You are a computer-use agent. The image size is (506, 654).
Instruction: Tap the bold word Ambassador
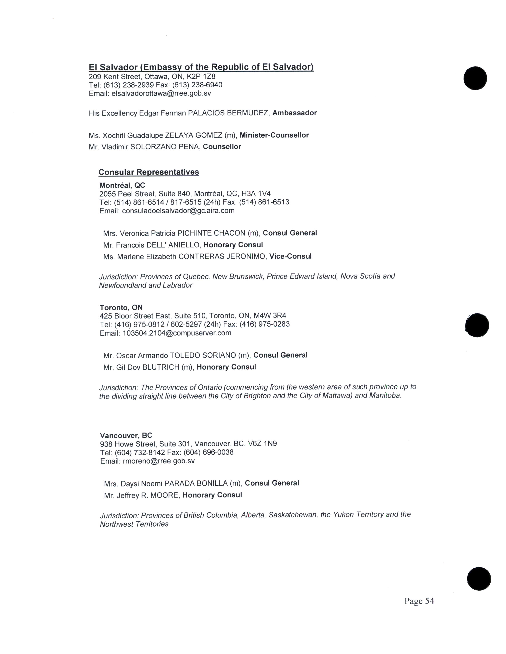(294, 113)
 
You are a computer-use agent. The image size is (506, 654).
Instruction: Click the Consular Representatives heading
(149, 172)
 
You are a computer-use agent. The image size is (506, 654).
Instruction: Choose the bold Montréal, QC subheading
(122, 185)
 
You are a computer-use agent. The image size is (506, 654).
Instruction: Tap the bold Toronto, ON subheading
(121, 308)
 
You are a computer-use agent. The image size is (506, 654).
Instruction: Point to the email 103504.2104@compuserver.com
(177, 333)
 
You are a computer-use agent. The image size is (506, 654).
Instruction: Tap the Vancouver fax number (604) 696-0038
(208, 452)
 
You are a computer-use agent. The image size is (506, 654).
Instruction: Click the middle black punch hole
(477, 325)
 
